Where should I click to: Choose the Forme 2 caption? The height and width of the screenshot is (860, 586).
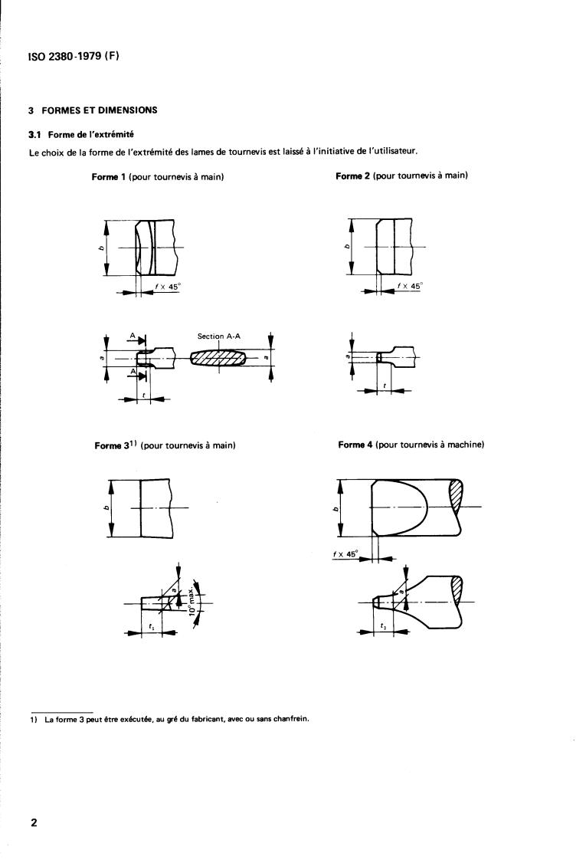(401, 176)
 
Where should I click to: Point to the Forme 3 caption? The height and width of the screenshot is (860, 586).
(164, 445)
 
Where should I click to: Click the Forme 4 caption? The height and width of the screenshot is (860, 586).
(411, 445)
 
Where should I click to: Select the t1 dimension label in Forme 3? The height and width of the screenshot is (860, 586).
(150, 626)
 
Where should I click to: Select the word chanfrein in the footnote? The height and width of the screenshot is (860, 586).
(292, 718)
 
